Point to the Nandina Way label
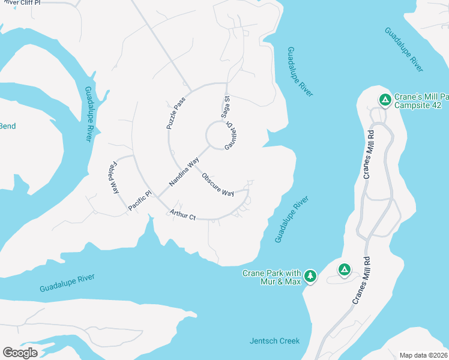point(184,172)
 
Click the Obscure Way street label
point(217,185)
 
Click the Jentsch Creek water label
point(274,341)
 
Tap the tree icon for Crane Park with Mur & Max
point(310,276)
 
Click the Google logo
point(20,352)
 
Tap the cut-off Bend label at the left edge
point(8,126)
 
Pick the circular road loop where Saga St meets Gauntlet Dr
point(217,134)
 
